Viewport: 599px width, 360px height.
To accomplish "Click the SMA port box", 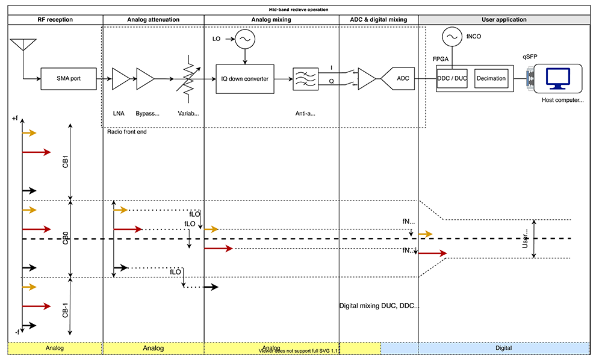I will click(x=67, y=78).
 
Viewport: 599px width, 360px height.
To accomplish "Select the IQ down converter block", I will click(x=244, y=78).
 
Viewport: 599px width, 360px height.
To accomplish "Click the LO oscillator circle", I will click(x=244, y=39).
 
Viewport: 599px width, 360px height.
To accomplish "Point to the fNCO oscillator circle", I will click(x=451, y=37).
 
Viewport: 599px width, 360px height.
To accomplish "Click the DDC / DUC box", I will click(x=453, y=78).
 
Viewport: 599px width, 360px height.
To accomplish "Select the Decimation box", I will click(x=491, y=78).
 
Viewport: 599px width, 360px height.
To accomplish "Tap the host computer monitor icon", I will click(x=557, y=78).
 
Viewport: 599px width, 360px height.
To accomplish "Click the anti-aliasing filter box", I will click(x=305, y=78).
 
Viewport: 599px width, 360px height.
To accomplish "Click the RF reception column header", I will click(x=55, y=20).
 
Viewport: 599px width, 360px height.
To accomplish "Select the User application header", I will click(x=504, y=20).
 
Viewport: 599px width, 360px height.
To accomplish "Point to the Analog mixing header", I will click(x=272, y=20).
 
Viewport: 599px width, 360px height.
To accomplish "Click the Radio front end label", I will click(x=126, y=132).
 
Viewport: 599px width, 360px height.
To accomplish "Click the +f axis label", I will click(x=15, y=119).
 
